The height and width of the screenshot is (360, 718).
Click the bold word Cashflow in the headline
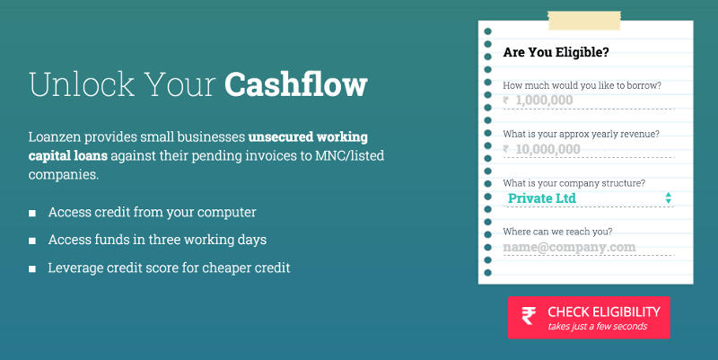point(296,83)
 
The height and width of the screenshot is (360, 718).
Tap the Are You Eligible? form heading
point(556,52)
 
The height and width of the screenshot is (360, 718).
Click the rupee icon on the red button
point(529,316)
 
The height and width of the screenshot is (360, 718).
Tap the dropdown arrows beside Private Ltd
point(669,198)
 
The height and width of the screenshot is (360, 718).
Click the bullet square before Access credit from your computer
point(32,214)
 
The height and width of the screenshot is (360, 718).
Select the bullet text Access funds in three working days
point(157,240)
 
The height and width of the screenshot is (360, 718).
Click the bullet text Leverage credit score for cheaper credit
point(169,268)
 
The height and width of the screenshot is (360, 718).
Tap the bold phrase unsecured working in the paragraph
point(308,136)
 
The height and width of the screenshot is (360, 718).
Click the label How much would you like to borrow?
point(582,85)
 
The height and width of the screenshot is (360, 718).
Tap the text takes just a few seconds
point(597,326)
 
